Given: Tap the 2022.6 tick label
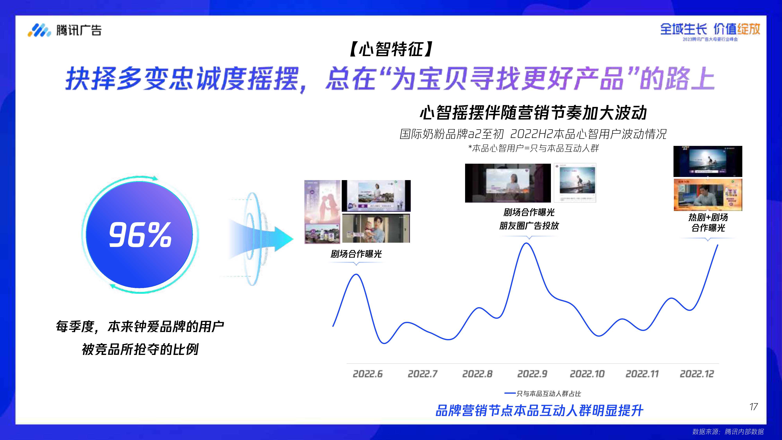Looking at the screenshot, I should point(368,374).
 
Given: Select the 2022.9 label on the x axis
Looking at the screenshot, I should point(532,374).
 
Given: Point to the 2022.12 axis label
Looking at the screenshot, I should point(697,374).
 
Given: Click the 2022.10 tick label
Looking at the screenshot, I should point(587,374).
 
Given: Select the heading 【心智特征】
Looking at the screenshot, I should point(391,49).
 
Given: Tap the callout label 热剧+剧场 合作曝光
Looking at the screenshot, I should point(708,222).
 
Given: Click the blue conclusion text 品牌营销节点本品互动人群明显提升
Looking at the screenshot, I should point(539,410).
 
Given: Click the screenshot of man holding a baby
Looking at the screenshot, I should point(376,228).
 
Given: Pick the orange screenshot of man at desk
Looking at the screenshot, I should point(708,195).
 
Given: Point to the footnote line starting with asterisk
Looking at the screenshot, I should point(533,148).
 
